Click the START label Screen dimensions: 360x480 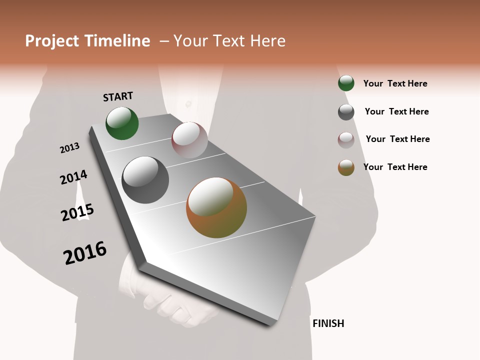118,96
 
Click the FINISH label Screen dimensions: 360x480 328,323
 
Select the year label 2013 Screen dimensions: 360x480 69,148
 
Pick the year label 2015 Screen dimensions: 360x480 77,212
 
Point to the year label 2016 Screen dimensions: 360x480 85,252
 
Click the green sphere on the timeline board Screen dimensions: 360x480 122,123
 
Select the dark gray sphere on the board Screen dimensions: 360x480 145,180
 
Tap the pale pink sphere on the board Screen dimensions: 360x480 189,140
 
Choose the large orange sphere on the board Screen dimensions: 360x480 216,207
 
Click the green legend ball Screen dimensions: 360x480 346,83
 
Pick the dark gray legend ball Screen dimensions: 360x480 346,112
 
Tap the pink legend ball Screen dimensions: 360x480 346,140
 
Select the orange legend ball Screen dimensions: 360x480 346,167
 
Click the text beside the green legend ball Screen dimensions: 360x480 395,83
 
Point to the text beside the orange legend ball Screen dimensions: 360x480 395,167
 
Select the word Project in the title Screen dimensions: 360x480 51,41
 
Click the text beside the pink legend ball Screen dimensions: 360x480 397,139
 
